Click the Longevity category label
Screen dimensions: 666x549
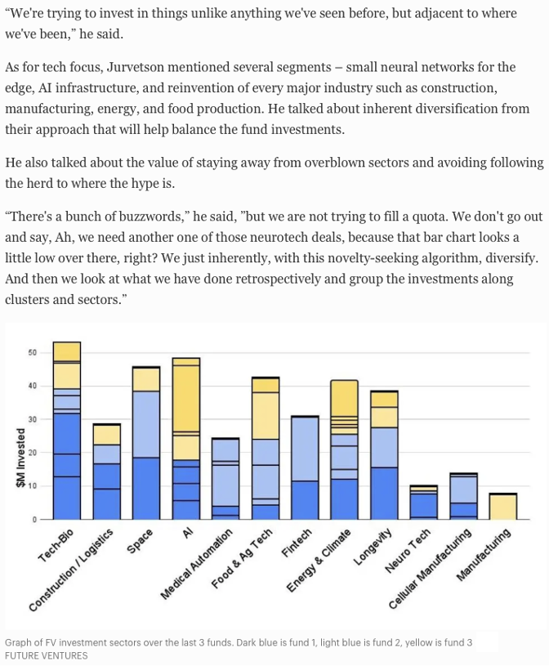tap(375, 546)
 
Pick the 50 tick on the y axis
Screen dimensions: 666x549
tap(33, 353)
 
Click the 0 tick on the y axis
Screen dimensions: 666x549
tap(35, 520)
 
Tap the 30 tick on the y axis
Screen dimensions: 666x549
tap(33, 419)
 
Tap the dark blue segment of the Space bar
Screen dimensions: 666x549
tap(146, 488)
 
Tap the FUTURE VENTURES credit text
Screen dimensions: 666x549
tap(46, 655)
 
